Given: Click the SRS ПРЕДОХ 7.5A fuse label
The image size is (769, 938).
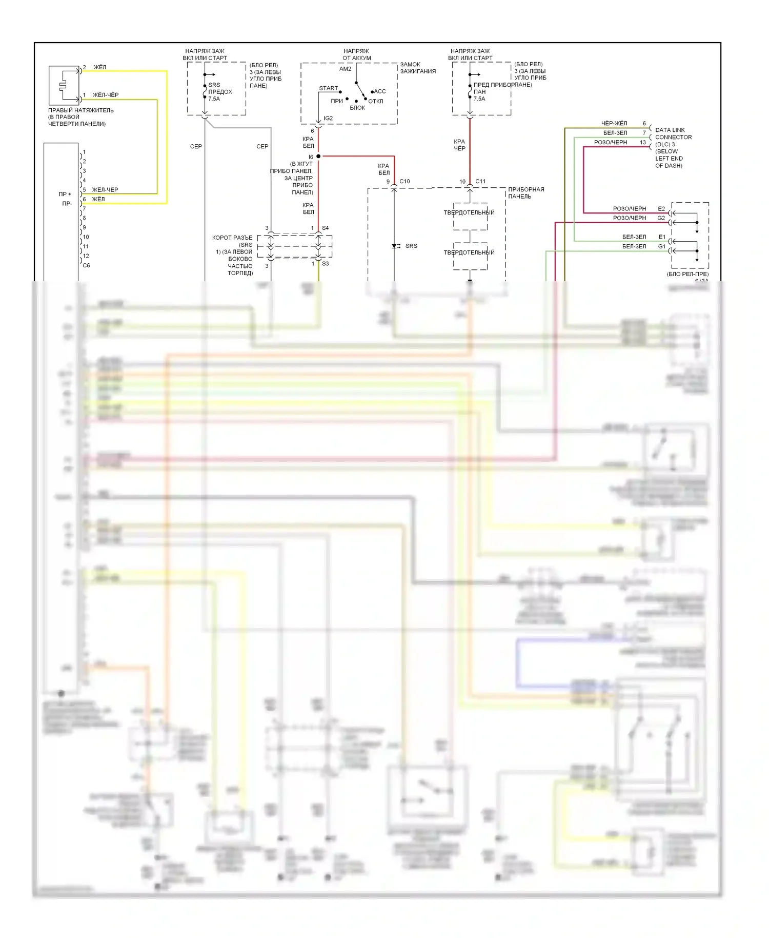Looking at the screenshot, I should tap(220, 92).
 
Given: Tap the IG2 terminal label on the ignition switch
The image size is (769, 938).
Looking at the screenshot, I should tap(328, 119).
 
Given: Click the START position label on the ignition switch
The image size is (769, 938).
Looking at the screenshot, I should tap(328, 88).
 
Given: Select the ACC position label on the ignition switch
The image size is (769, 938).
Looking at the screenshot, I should tap(380, 91).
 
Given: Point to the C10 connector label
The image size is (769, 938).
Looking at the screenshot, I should tap(404, 181).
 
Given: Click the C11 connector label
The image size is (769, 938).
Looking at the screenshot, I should tap(480, 181).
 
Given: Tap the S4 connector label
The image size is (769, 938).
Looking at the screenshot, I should tap(325, 228).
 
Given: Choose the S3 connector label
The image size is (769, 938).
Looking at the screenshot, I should tap(325, 264).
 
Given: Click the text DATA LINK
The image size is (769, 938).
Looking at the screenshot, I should tap(670, 130).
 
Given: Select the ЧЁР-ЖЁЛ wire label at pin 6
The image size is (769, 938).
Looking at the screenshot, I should tap(614, 123).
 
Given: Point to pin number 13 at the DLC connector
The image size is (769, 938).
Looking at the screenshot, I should tap(643, 142).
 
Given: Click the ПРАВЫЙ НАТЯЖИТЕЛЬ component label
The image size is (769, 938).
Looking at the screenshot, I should tap(81, 110).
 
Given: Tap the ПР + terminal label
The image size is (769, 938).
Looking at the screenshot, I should tap(65, 194).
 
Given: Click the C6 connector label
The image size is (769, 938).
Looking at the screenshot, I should tap(86, 265).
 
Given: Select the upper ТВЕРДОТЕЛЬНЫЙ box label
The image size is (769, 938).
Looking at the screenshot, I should tap(469, 212).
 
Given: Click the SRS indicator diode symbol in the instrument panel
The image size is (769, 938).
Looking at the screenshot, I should tap(395, 246).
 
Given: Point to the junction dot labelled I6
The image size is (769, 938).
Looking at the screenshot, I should tap(318, 156).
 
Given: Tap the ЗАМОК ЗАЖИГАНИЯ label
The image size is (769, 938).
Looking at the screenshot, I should tap(418, 68).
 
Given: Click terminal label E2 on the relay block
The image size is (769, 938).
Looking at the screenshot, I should tap(661, 209).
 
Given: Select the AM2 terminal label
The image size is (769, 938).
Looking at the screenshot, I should tap(345, 69).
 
